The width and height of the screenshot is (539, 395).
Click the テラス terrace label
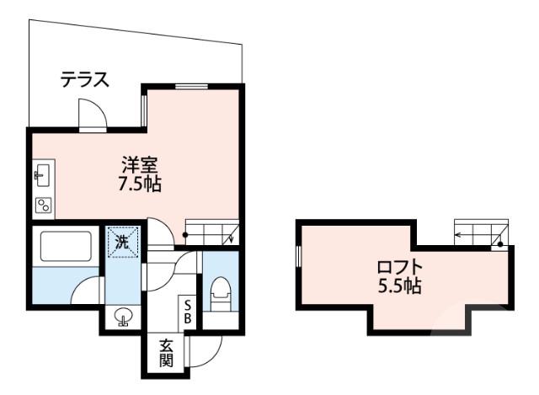pos(84,81)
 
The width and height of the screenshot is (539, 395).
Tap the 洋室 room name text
pos(140,166)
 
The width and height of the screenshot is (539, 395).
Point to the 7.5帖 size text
pos(140,184)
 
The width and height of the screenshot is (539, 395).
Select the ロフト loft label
pos(401,268)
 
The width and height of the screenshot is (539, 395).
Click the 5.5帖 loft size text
pos(400,286)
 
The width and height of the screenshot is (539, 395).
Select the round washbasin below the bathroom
pos(123,318)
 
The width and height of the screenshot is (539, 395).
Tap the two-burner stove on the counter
pos(42,205)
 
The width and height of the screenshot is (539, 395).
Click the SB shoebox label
pos(189,311)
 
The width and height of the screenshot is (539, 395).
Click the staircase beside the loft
pos(480,231)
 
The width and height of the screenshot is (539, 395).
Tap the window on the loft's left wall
pos(299,258)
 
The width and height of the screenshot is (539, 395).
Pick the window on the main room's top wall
pos(192,86)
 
